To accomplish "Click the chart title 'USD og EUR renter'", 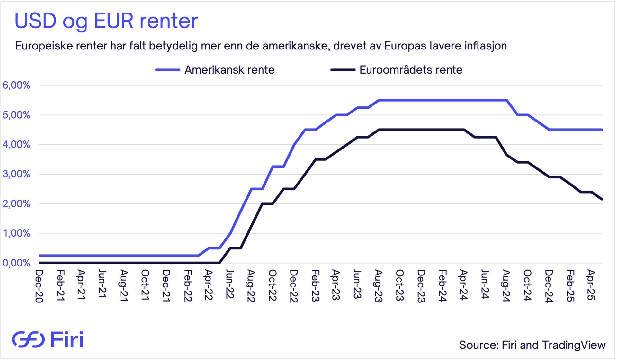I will tap(106, 21).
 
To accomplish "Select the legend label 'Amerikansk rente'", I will tap(229, 70).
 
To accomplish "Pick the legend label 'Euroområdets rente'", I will tap(411, 70).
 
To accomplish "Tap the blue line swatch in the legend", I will tap(167, 70).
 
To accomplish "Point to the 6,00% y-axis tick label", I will tap(16, 85).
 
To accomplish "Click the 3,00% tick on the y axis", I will tap(16, 174).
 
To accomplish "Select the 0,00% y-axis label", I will tap(16, 263).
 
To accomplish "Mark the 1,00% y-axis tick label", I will tap(16, 233).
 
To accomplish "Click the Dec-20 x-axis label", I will tap(39, 286).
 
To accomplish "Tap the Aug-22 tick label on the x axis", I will tap(251, 286).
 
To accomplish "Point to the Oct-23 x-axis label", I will tap(399, 285).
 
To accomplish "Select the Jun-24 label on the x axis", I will tap(485, 284).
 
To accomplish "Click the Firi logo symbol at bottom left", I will tap(28, 339).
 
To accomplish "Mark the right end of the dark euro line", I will tap(602, 199).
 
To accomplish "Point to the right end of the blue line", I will tap(602, 130).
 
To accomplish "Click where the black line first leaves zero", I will tap(220, 263).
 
